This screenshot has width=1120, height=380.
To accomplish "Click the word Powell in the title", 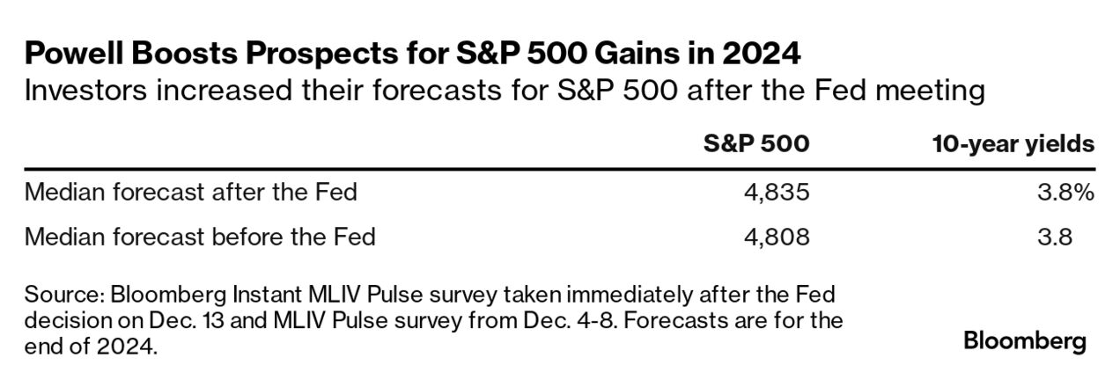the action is click(74, 53).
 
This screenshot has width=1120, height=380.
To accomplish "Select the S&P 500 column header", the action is click(756, 143).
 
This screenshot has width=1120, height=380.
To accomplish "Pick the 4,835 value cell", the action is click(777, 193).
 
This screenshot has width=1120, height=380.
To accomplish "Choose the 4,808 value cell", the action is click(777, 237).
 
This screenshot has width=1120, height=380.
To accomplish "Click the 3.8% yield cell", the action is click(1066, 193).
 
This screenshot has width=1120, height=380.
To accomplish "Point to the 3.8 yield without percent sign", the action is click(1055, 237).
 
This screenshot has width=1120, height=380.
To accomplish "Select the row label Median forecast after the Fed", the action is click(191, 193).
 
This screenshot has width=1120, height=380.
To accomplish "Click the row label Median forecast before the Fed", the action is click(200, 237).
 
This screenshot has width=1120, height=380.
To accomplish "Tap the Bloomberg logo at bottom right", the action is click(1025, 342).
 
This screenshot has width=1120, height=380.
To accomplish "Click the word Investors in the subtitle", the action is click(85, 91).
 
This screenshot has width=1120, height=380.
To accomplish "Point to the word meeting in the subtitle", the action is click(930, 91).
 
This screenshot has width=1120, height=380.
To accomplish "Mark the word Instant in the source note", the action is click(267, 295).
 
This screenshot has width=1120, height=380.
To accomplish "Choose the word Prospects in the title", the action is click(322, 54).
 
